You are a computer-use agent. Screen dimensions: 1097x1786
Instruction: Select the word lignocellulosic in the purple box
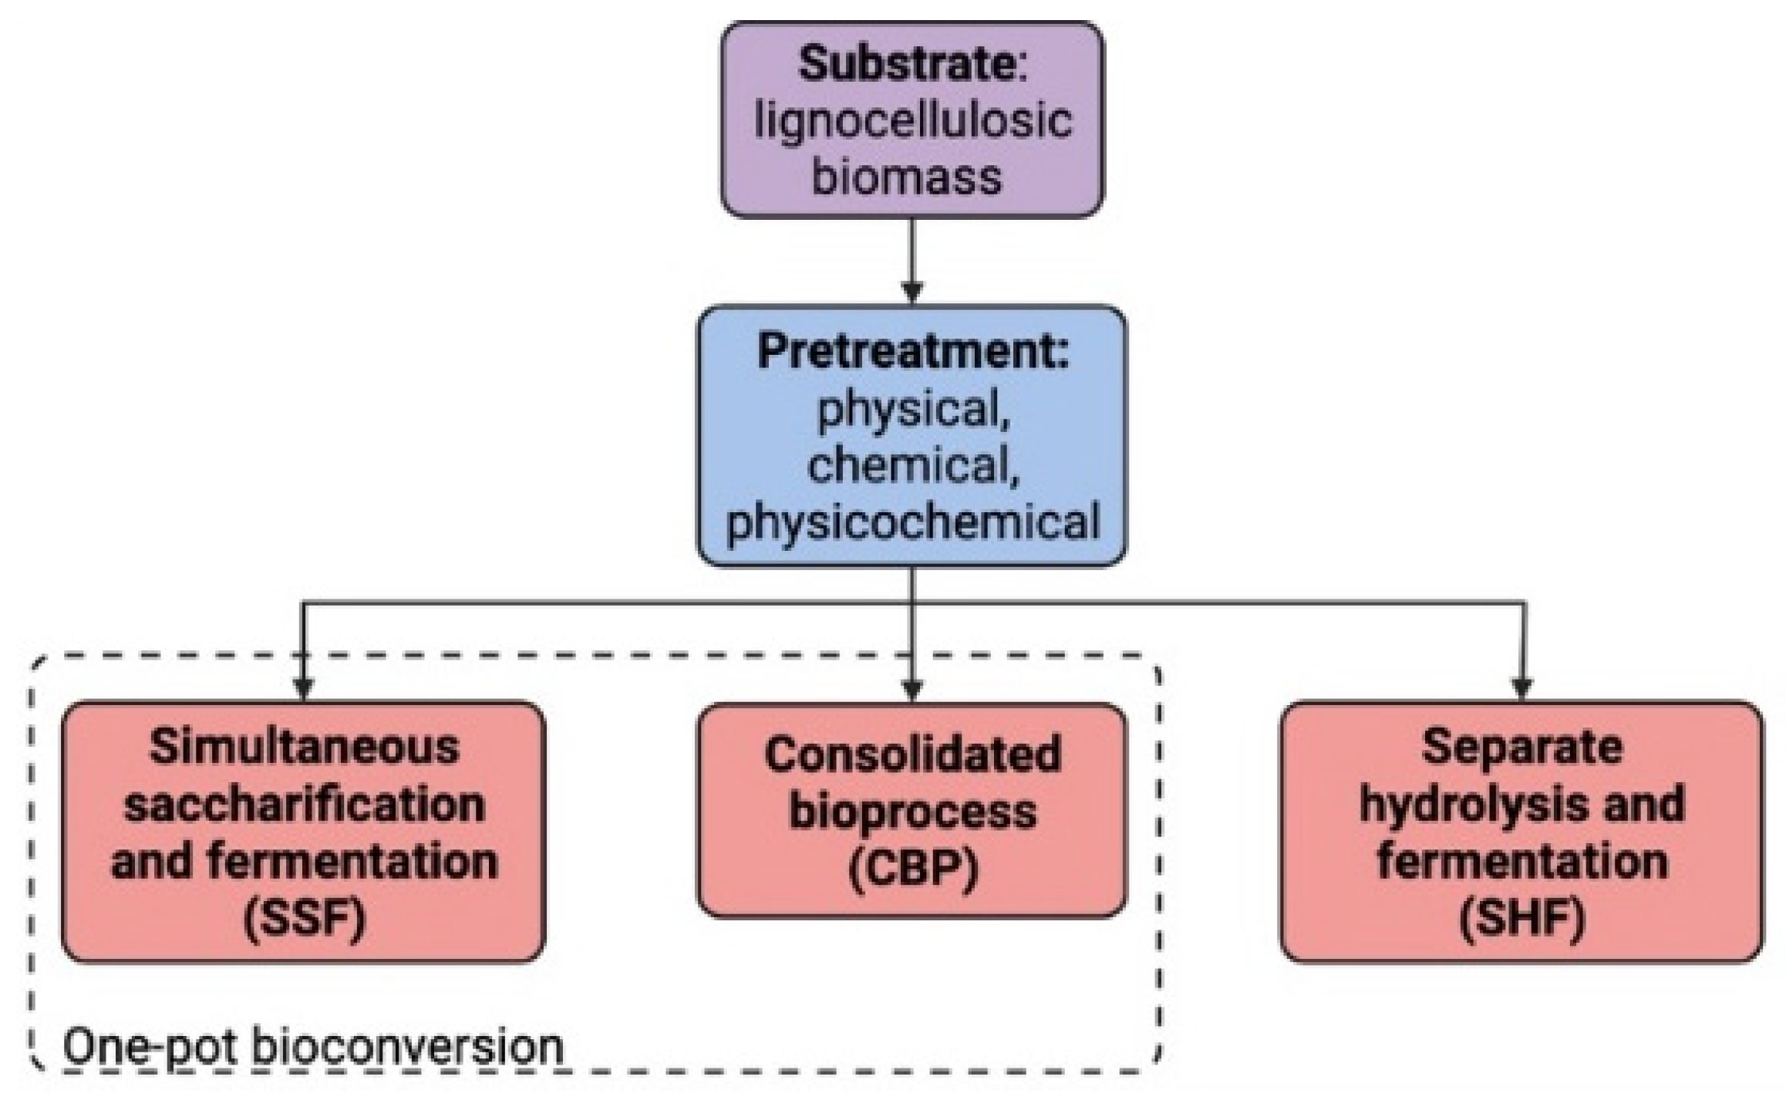click(x=913, y=121)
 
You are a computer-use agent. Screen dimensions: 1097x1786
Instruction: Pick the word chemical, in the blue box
click(x=913, y=466)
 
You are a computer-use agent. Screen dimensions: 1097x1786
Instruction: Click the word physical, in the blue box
click(x=913, y=409)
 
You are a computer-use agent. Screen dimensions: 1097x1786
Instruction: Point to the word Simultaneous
click(x=304, y=747)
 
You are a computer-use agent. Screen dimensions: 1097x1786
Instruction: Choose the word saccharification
click(x=304, y=804)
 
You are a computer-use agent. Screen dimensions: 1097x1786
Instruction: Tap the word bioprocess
click(x=913, y=812)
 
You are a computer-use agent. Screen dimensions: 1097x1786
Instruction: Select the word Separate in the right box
click(x=1521, y=747)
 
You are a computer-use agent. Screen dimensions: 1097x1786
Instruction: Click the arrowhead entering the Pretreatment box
click(x=912, y=294)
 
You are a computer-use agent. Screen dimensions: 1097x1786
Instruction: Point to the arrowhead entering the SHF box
click(x=1521, y=687)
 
